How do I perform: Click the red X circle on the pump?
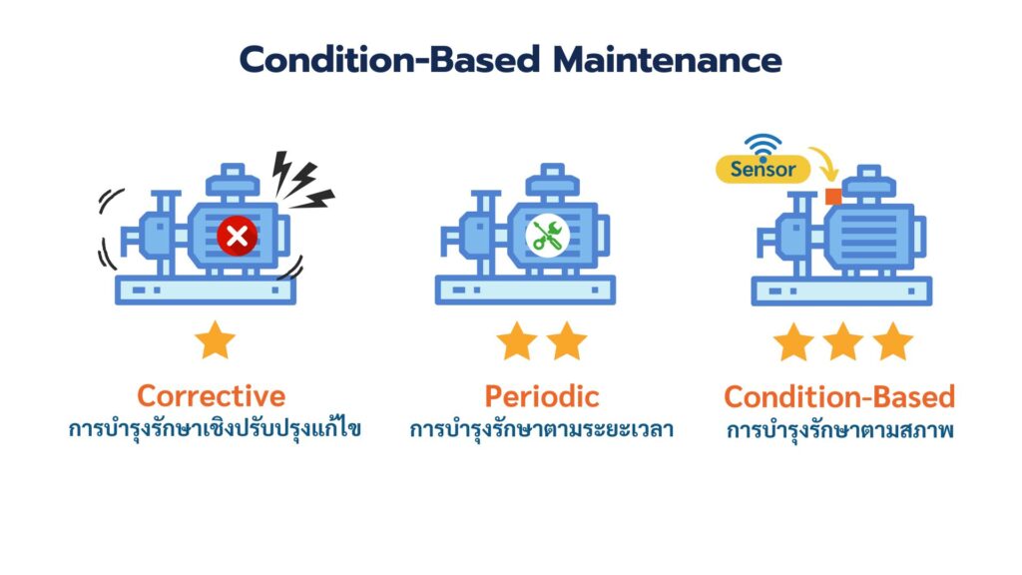tap(237, 236)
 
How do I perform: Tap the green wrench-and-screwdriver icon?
tap(545, 236)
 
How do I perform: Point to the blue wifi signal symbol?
tap(764, 146)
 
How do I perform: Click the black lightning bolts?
tap(300, 180)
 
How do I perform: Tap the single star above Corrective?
tap(216, 341)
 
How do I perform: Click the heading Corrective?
tap(211, 395)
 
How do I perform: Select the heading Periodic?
tap(542, 395)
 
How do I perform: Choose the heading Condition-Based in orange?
tap(839, 396)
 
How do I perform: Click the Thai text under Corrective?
tap(214, 430)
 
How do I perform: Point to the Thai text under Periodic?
tap(542, 430)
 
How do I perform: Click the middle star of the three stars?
tap(842, 342)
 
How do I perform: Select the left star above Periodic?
tap(517, 341)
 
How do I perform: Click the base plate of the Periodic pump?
tap(525, 289)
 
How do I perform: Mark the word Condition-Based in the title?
tap(389, 60)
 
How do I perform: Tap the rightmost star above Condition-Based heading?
tap(892, 342)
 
